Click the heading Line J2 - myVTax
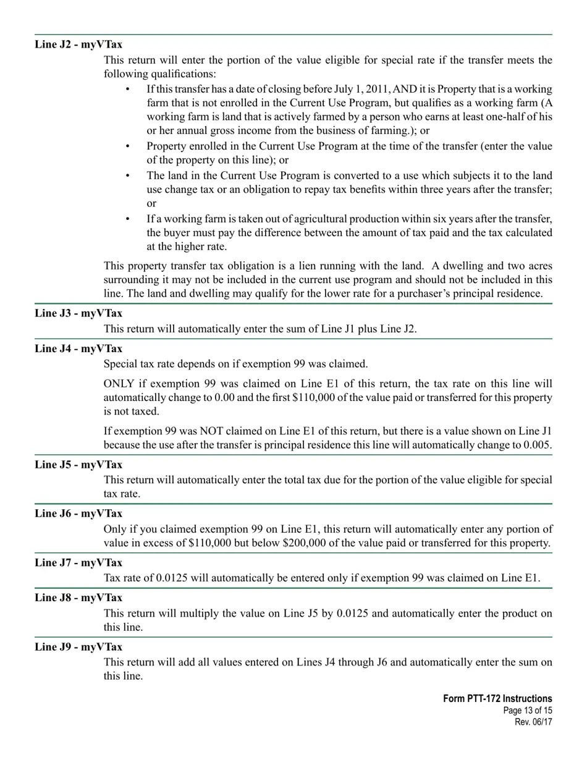click(x=78, y=44)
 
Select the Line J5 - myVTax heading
click(x=78, y=465)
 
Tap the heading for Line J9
click(x=78, y=647)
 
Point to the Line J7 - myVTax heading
click(x=78, y=562)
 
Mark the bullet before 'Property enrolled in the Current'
click(x=128, y=146)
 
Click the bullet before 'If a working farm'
click(x=128, y=219)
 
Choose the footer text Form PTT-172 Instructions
click(x=497, y=699)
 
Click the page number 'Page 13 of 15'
click(x=528, y=711)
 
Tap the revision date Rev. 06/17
click(x=533, y=722)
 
